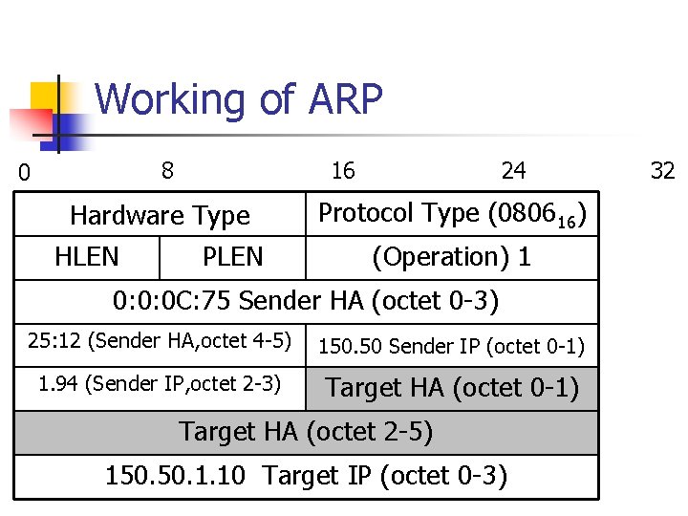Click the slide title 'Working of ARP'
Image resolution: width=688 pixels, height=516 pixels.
click(x=239, y=99)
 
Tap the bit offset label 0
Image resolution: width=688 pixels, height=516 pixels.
click(x=25, y=173)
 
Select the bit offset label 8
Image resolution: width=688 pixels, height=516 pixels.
click(x=167, y=171)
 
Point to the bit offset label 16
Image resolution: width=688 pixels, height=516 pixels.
click(x=342, y=171)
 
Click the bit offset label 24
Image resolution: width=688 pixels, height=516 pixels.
click(x=513, y=171)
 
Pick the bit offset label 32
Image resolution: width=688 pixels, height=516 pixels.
click(x=662, y=171)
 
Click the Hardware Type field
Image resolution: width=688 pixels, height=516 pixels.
click(x=160, y=217)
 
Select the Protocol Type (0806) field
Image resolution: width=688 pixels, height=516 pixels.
click(x=451, y=214)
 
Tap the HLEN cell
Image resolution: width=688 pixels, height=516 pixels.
click(x=87, y=257)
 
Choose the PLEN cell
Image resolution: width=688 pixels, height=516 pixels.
click(x=232, y=257)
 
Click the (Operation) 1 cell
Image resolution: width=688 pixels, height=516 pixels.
click(x=451, y=257)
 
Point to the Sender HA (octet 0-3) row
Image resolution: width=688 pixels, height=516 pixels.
click(x=306, y=302)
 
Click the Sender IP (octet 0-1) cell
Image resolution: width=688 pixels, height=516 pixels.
click(x=451, y=346)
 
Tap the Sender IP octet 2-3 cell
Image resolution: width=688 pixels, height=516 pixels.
click(x=160, y=385)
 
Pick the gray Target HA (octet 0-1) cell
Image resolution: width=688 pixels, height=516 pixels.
click(x=451, y=389)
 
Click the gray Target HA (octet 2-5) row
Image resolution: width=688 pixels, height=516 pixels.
click(x=306, y=432)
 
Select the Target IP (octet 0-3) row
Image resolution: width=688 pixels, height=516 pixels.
click(x=306, y=476)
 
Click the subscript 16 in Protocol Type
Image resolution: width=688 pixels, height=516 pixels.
click(x=566, y=223)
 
